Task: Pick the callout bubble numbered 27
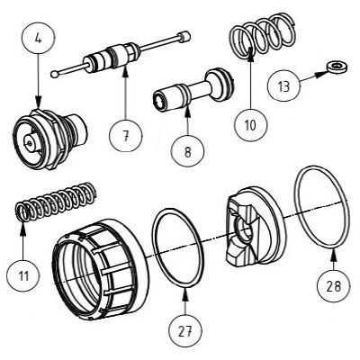click(x=185, y=330)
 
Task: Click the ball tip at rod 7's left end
click(x=56, y=73)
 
